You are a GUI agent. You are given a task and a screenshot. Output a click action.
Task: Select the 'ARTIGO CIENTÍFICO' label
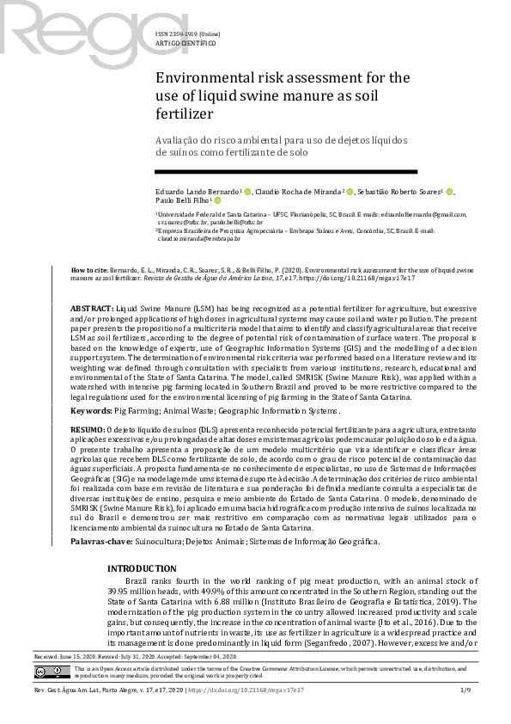click(180, 42)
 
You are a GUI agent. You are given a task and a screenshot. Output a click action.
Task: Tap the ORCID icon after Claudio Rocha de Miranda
click(350, 191)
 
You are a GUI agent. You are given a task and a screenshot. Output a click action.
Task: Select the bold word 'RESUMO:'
click(87, 428)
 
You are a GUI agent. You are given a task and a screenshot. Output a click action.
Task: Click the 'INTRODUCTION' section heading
click(141, 545)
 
